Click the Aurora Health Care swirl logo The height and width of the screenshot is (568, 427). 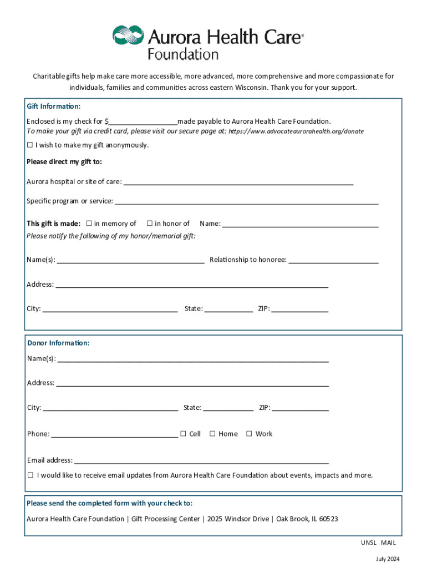pyautogui.click(x=128, y=36)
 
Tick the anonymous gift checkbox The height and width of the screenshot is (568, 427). pyautogui.click(x=30, y=145)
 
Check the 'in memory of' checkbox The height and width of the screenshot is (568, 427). pyautogui.click(x=89, y=224)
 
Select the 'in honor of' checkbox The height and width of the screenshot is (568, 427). pyautogui.click(x=150, y=224)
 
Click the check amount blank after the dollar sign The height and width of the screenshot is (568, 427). pyautogui.click(x=143, y=120)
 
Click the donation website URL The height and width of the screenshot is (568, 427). pyautogui.click(x=297, y=131)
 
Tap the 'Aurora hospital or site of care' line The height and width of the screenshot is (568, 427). pyautogui.click(x=238, y=182)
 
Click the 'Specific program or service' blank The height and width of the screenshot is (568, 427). pyautogui.click(x=246, y=202)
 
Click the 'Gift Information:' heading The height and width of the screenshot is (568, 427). pyautogui.click(x=53, y=106)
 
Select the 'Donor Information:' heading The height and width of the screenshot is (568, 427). pyautogui.click(x=58, y=343)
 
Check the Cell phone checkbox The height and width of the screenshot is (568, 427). pyautogui.click(x=183, y=434)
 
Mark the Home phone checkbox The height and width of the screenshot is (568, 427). pyautogui.click(x=212, y=434)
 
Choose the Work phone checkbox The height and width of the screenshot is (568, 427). pyautogui.click(x=249, y=434)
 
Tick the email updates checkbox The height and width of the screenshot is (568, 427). pyautogui.click(x=30, y=475)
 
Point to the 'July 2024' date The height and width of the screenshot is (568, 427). pyautogui.click(x=387, y=559)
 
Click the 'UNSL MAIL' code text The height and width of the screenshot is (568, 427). pyautogui.click(x=378, y=542)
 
